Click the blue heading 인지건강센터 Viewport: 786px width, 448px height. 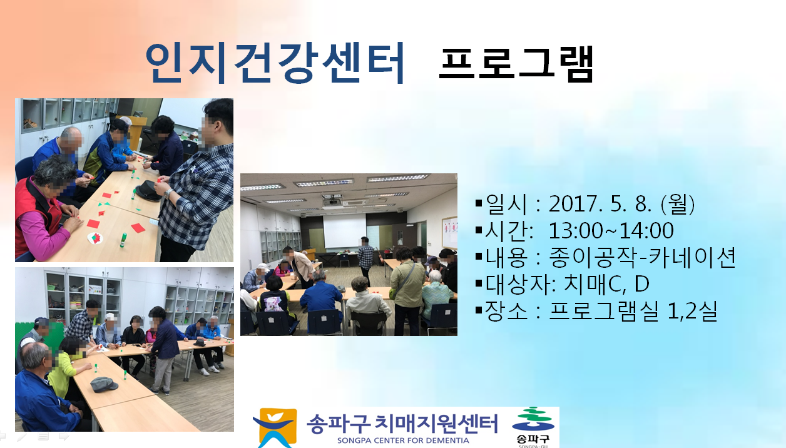pos(275,63)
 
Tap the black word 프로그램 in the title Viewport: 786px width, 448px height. pos(516,64)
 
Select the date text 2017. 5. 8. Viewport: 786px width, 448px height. pos(600,203)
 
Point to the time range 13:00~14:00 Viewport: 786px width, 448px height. pos(611,230)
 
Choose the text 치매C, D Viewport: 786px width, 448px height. pos(606,284)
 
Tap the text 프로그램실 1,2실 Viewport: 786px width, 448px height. pos(633,311)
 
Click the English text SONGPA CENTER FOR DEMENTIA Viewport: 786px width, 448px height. pos(403,440)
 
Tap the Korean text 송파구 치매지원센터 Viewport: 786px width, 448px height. pos(402,424)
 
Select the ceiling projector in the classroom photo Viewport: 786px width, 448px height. pos(331,201)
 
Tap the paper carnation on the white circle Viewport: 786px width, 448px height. pos(96,238)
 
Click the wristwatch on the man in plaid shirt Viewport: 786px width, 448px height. pos(169,193)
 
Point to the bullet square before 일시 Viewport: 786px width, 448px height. pos(479,203)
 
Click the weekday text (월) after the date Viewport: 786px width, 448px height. pos(678,204)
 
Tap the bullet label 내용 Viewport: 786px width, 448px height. pos(507,258)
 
